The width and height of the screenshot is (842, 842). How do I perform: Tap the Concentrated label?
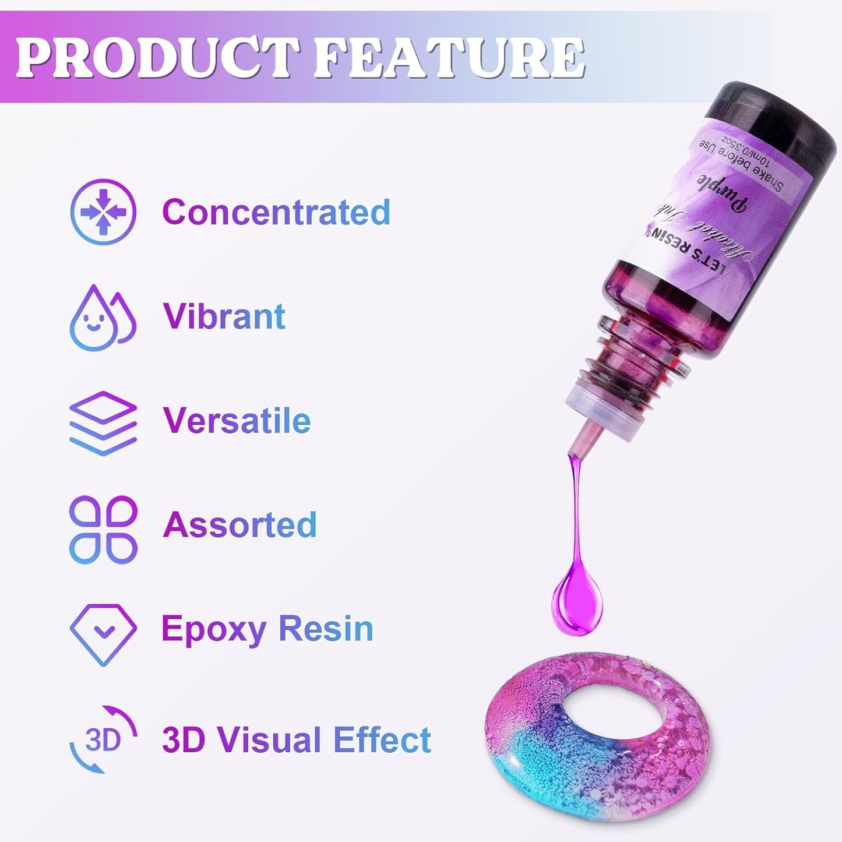pos(276,212)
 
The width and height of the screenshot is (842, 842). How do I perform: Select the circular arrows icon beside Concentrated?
pos(103,212)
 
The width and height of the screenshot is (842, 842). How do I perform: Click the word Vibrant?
pos(224,316)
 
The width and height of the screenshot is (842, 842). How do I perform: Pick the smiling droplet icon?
pos(102,318)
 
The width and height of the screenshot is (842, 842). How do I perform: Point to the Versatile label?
pos(237,421)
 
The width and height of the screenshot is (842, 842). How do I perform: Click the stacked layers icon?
pos(103,422)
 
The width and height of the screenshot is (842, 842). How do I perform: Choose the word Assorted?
pos(239,525)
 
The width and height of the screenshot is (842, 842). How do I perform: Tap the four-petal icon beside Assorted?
pos(103,529)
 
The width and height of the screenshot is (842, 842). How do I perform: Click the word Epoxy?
pos(213,629)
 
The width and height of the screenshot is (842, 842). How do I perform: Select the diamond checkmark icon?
pos(103,634)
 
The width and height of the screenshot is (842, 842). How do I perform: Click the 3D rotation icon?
pos(103,739)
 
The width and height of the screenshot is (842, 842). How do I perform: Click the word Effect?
pos(382,740)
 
